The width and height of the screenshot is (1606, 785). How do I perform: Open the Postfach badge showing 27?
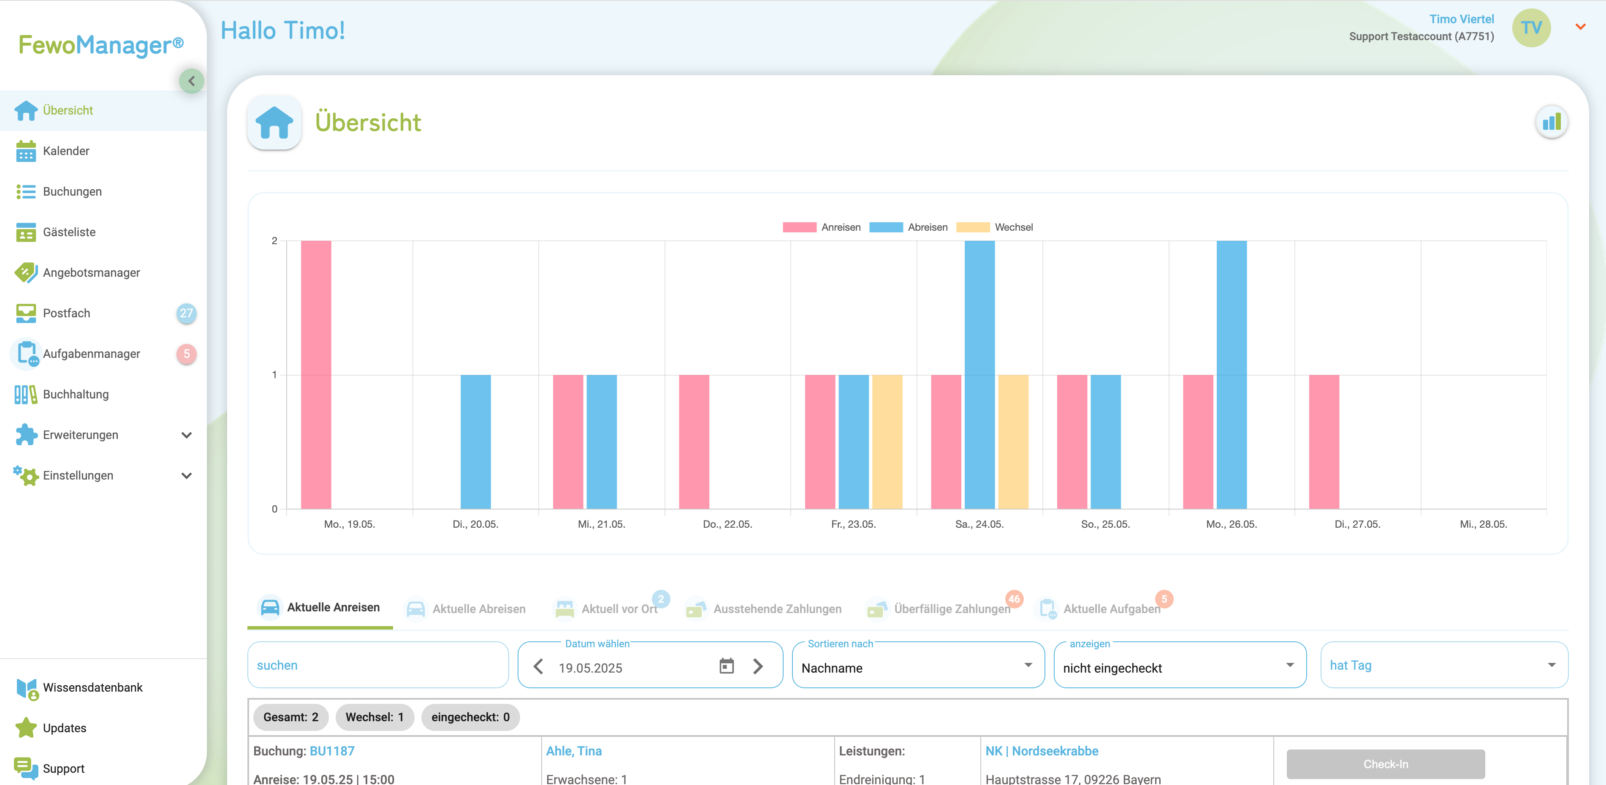(x=186, y=313)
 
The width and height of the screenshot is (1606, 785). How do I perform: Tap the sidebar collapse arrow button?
(x=191, y=81)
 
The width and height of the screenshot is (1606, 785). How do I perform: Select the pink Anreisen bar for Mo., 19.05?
(x=316, y=374)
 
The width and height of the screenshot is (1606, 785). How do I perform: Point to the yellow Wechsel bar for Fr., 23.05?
(x=887, y=442)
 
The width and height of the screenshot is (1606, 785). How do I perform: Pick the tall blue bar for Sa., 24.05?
(x=979, y=374)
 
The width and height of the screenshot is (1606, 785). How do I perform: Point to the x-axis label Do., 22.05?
(x=727, y=524)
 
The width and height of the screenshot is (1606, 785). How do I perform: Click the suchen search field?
(x=378, y=665)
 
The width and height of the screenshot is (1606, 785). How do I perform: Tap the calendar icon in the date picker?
(x=726, y=666)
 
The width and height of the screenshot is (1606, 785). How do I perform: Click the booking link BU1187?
(x=332, y=751)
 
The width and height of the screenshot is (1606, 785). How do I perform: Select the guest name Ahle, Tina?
(x=574, y=751)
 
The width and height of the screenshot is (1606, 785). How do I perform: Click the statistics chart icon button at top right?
(x=1551, y=122)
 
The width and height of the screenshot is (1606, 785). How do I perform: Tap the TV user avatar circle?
(x=1530, y=27)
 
